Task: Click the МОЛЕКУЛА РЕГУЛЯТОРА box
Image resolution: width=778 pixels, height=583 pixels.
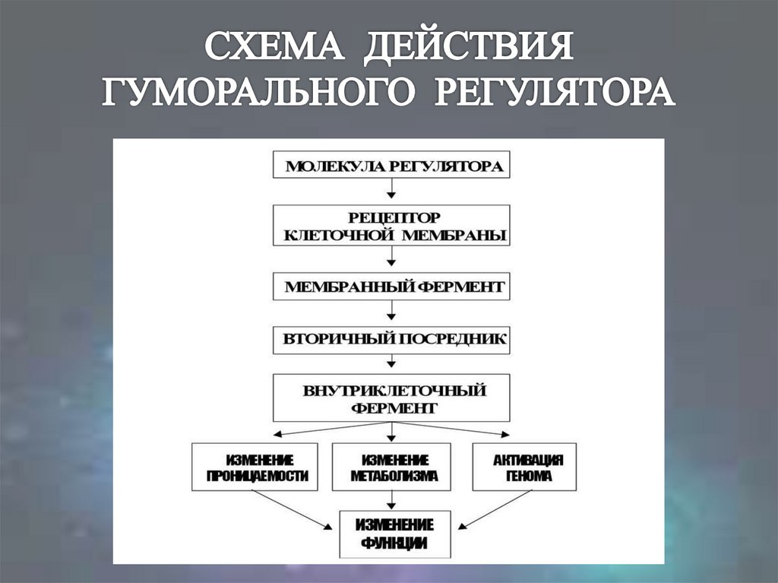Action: [x=392, y=166]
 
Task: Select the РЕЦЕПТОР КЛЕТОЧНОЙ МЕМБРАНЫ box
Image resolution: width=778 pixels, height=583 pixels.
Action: [x=392, y=225]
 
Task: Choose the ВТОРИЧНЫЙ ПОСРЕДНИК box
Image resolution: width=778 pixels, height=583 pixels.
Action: [x=392, y=339]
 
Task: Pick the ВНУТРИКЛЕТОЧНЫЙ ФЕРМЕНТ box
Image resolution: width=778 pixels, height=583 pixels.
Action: [x=392, y=398]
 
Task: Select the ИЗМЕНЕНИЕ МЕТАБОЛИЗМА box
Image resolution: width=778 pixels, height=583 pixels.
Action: [x=392, y=467]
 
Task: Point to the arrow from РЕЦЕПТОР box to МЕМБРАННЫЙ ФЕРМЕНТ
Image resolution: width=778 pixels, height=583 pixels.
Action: [x=392, y=259]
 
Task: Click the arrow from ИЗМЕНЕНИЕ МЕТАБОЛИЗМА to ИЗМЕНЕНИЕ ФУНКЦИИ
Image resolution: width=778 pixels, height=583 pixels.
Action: [x=392, y=500]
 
